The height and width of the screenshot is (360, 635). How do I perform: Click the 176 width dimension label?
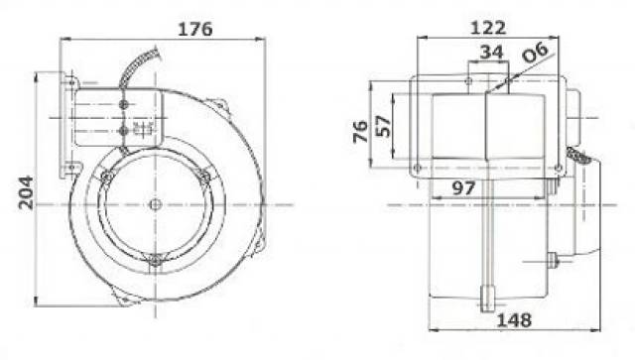click(195, 29)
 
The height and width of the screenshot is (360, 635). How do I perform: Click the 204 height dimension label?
click(26, 192)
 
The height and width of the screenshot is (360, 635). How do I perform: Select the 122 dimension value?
click(488, 28)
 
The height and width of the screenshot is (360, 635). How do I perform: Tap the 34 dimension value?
click(492, 53)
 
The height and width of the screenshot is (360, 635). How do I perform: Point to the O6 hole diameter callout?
click(535, 52)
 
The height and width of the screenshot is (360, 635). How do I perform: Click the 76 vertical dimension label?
click(360, 132)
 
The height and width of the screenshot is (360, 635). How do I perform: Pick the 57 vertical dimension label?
click(383, 126)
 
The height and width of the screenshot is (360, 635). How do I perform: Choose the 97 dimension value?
click(463, 187)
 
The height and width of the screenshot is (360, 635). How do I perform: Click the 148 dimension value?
click(514, 320)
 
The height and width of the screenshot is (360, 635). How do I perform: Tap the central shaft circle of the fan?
click(155, 204)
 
